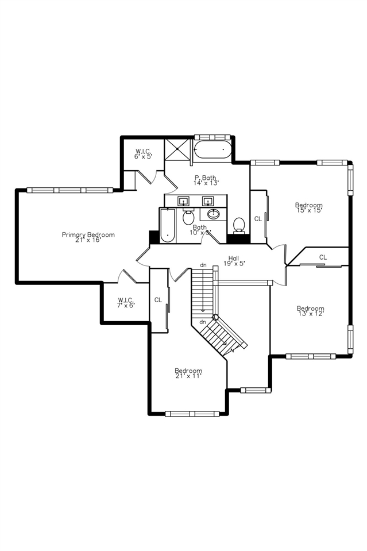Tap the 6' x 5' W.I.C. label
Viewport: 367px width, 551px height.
[143, 153]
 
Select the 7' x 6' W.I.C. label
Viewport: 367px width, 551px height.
[126, 303]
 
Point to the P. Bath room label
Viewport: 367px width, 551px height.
[205, 180]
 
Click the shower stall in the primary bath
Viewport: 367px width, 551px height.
[177, 150]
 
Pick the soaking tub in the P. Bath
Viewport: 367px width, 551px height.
[213, 151]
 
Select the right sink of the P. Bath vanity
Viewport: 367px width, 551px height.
[208, 201]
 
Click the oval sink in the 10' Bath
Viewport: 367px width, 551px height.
[214, 214]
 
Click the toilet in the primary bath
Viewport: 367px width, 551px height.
[239, 224]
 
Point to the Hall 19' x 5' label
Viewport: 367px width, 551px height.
[234, 261]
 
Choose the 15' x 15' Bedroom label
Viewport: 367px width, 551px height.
[308, 207]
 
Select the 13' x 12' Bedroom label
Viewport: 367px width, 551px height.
[310, 311]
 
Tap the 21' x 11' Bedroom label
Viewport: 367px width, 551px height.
[188, 373]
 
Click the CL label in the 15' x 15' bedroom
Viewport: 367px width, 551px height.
[258, 219]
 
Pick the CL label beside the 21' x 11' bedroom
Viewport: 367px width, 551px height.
[158, 300]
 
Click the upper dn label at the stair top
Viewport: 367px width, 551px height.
[203, 265]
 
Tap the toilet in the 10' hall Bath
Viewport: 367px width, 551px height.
[188, 218]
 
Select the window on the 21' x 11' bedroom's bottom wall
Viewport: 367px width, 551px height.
[195, 413]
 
